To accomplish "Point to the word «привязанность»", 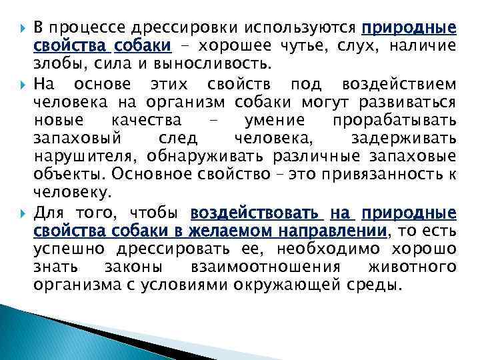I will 382,174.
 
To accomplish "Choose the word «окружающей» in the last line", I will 317,285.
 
